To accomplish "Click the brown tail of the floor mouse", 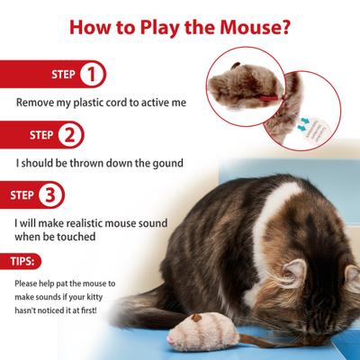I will pyautogui.click(x=247, y=341).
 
